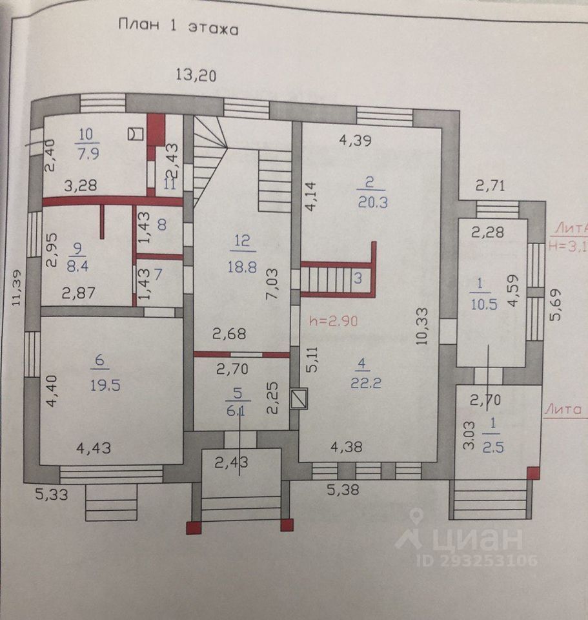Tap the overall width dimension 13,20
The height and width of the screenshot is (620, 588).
tap(197, 75)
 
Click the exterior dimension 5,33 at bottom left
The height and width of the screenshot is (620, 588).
tap(52, 495)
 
